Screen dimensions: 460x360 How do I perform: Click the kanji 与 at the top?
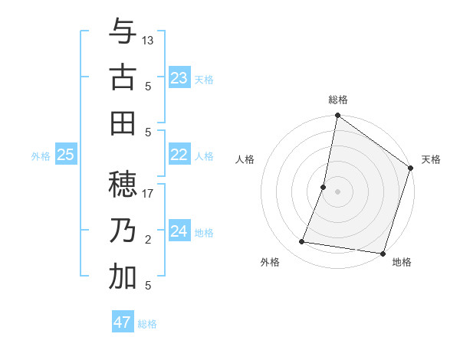point(123,32)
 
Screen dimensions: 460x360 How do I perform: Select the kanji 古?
point(123,78)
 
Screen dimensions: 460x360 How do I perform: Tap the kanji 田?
point(123,123)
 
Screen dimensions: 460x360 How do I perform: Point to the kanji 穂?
point(123,185)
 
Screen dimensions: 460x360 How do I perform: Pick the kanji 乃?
point(123,231)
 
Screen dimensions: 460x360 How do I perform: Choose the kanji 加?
point(123,277)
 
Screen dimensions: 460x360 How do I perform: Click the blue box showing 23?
point(179,78)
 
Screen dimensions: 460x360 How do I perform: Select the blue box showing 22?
point(179,155)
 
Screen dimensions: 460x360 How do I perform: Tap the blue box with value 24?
point(179,231)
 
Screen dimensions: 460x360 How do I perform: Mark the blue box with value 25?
point(66,155)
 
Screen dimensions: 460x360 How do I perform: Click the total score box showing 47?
point(123,322)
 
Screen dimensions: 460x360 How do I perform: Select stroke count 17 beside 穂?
point(148,193)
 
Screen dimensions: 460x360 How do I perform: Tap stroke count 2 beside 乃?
point(148,240)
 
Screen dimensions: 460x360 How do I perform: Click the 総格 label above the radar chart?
point(338,100)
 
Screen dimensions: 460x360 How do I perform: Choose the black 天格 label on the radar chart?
point(431,159)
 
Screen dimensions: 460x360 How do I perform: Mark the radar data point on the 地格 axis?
point(381,253)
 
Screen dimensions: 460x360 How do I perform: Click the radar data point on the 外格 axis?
point(302,242)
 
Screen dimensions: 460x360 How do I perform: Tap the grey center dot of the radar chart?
point(337,191)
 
